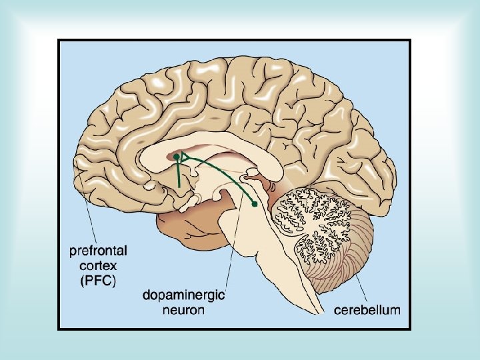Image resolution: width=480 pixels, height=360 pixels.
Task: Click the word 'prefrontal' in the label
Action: coord(99,251)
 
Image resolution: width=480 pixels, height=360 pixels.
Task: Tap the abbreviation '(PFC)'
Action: coord(99,281)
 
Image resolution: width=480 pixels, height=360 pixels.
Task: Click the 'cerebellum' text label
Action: coord(367,309)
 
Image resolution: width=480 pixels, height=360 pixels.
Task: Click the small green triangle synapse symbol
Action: coord(185,158)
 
